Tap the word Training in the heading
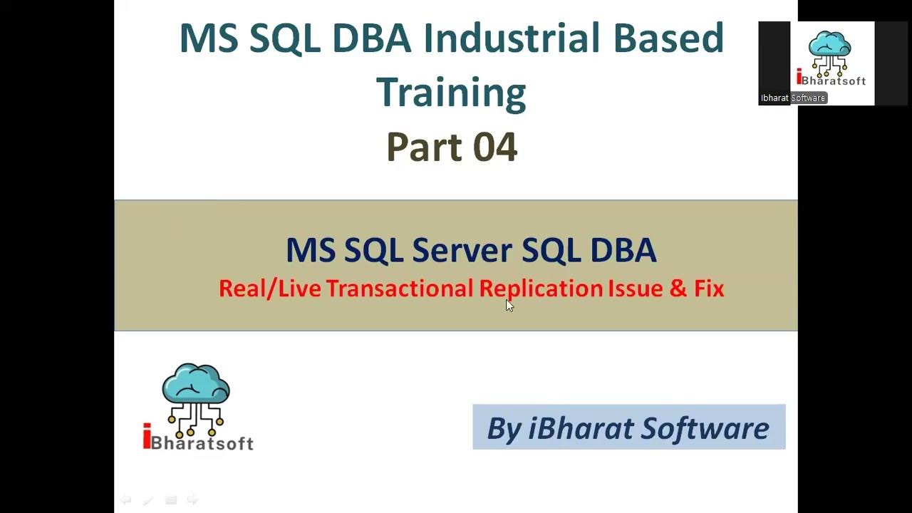coord(450,93)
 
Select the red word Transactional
coord(400,289)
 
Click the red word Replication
coord(541,289)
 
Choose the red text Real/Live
coord(270,289)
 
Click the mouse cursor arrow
coord(509,305)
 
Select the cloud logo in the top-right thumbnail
coord(830,50)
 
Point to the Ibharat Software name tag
coord(792,98)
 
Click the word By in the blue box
coord(504,428)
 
